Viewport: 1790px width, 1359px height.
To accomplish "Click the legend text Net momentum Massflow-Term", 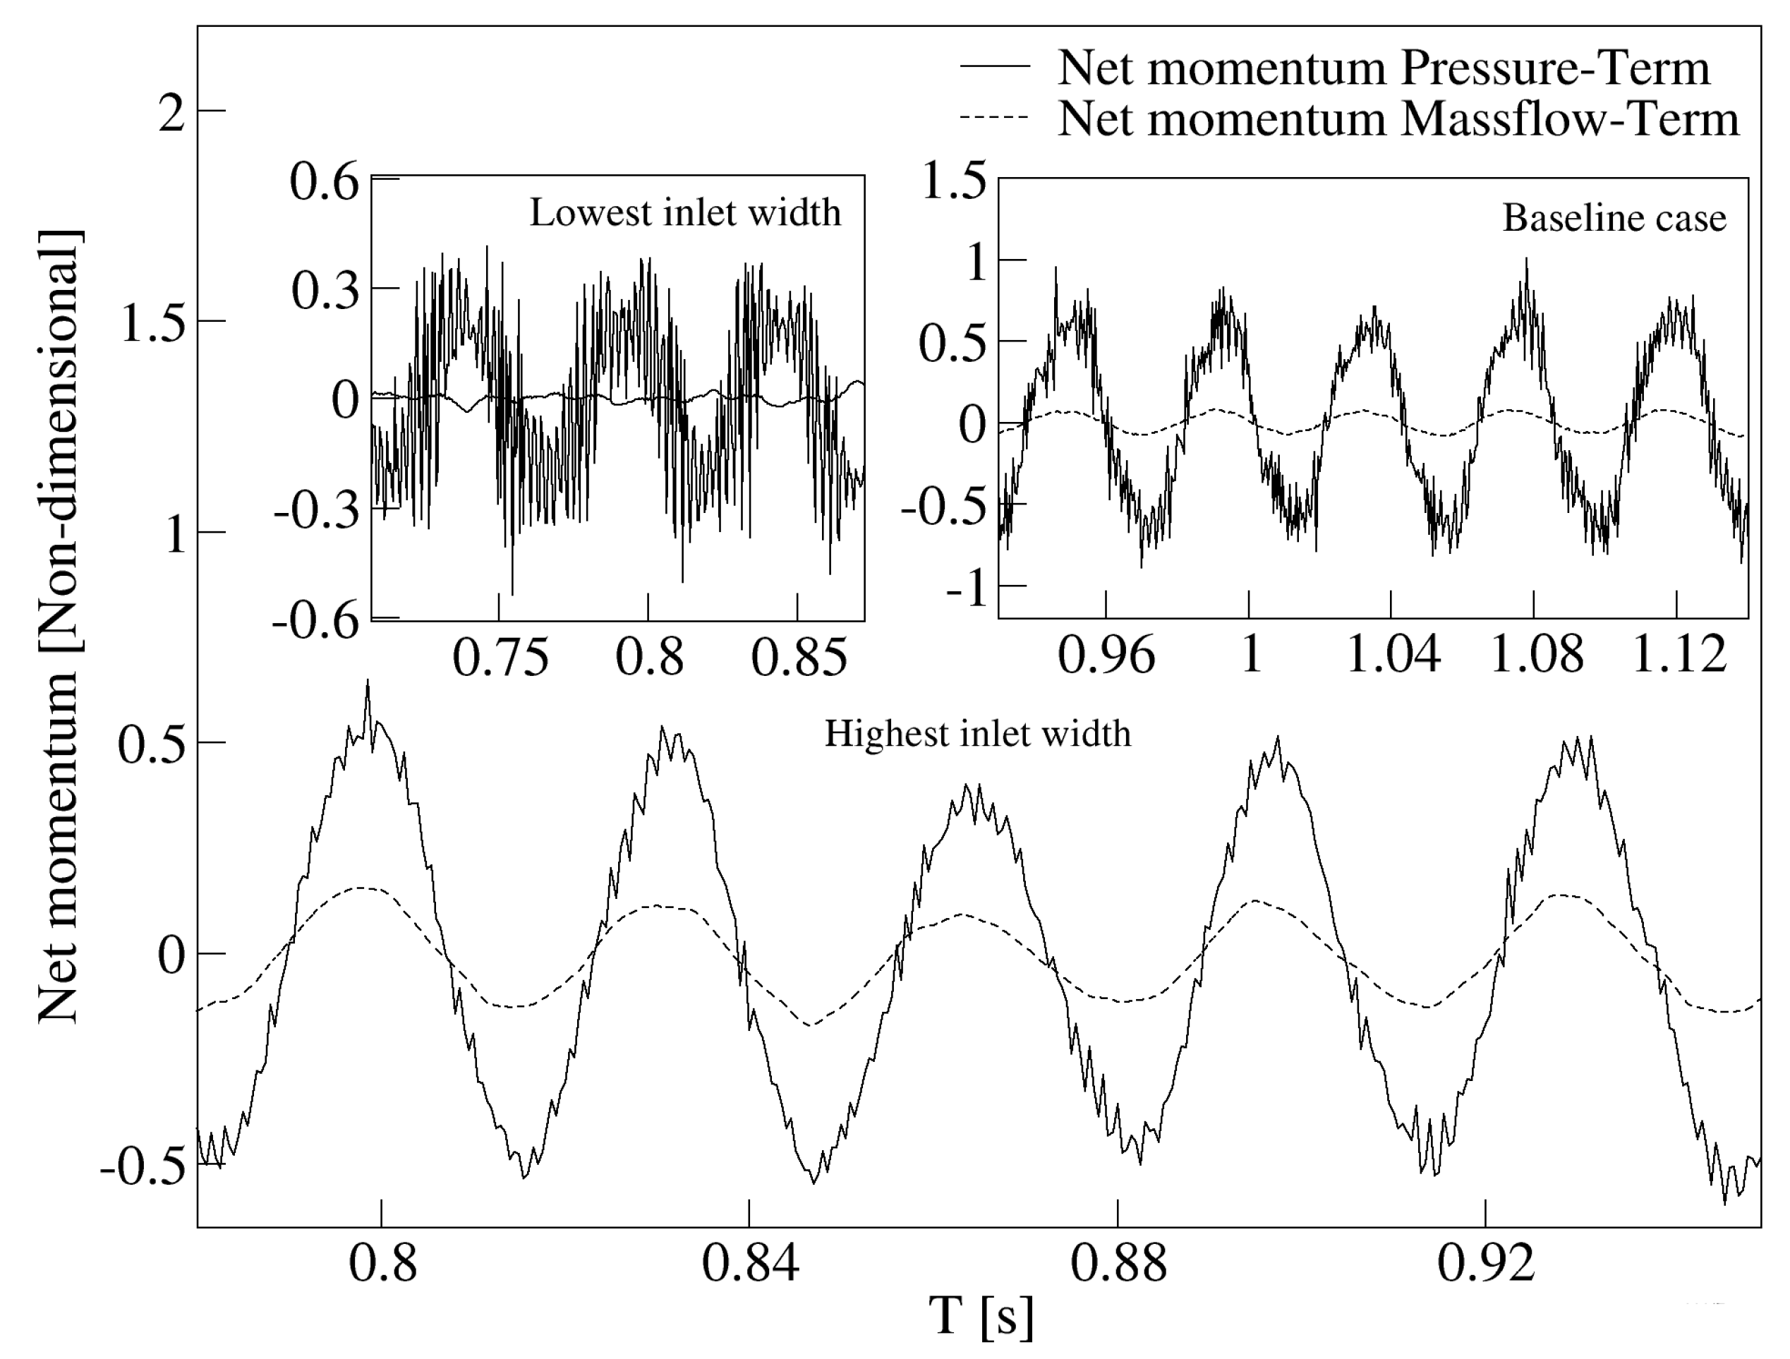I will click(x=1398, y=119).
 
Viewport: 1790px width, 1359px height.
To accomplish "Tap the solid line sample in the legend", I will click(x=995, y=67).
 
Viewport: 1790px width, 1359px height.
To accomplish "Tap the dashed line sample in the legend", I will click(x=995, y=118).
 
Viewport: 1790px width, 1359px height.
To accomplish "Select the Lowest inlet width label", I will click(x=684, y=213).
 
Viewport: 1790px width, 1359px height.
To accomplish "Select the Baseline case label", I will click(x=1614, y=218).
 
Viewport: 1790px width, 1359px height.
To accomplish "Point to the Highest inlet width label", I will click(x=976, y=734).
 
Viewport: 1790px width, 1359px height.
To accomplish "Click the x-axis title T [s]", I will click(x=981, y=1315).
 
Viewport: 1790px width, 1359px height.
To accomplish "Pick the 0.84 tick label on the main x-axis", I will click(x=749, y=1264).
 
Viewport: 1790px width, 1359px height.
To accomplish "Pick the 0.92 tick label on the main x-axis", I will click(x=1486, y=1264).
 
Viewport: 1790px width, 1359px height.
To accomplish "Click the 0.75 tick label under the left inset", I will click(x=500, y=656).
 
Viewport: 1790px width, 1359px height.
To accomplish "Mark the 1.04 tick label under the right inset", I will click(x=1392, y=654).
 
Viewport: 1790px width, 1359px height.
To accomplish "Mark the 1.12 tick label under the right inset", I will click(x=1679, y=654).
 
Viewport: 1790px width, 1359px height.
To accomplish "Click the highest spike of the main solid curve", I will click(x=368, y=682).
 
